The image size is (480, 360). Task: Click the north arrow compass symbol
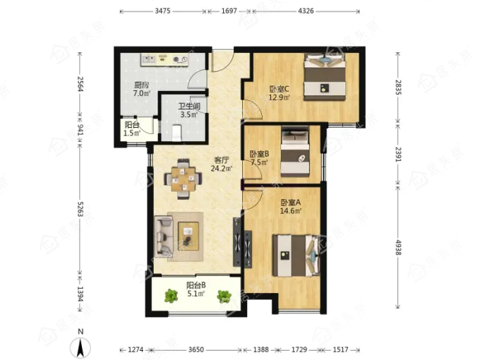click(80, 345)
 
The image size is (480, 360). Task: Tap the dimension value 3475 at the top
click(162, 11)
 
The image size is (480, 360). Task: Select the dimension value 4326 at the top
click(306, 11)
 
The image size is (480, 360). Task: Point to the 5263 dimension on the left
click(80, 209)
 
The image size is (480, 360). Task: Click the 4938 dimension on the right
click(398, 247)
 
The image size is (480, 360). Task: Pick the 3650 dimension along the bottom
click(196, 349)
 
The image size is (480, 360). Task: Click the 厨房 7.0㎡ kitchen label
click(141, 89)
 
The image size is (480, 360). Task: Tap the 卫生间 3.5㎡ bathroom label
click(189, 111)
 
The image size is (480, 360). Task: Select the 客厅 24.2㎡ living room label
click(222, 164)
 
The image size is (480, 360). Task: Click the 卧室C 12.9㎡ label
click(280, 93)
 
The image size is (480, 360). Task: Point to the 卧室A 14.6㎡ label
click(291, 206)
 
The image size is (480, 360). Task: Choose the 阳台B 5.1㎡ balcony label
click(196, 289)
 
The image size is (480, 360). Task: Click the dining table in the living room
click(183, 179)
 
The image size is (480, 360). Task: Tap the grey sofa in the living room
click(164, 236)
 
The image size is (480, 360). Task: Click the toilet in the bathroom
click(176, 133)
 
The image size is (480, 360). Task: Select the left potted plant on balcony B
click(171, 296)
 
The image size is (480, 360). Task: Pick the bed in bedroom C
click(325, 77)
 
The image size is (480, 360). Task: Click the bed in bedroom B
click(295, 152)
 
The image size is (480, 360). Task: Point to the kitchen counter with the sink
click(164, 60)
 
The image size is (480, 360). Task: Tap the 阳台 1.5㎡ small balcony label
click(132, 129)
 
